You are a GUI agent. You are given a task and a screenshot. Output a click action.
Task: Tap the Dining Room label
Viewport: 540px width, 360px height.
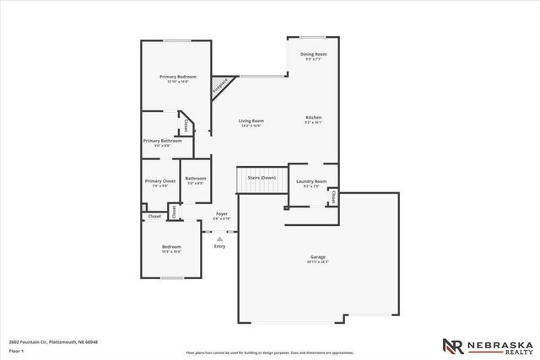tap(314, 54)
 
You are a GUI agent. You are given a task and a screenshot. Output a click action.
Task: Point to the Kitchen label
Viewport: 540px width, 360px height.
tap(313, 117)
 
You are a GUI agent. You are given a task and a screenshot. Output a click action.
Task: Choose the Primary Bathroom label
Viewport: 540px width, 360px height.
tap(162, 141)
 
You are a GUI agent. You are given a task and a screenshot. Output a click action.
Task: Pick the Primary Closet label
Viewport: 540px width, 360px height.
tap(159, 181)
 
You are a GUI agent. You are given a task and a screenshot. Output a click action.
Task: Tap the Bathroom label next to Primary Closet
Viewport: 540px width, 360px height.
tap(196, 178)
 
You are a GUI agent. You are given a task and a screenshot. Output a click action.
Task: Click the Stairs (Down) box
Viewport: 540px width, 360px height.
tap(262, 178)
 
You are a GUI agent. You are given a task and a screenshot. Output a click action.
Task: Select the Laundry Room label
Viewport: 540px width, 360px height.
tap(310, 181)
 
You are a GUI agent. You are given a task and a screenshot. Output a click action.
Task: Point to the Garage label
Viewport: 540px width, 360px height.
tap(317, 257)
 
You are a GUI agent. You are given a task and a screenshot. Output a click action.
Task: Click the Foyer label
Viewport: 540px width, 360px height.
tap(221, 214)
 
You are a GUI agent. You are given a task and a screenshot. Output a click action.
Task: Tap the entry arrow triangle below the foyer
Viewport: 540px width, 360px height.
tap(220, 239)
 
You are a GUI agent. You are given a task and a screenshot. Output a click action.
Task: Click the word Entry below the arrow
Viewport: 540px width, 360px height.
tap(219, 246)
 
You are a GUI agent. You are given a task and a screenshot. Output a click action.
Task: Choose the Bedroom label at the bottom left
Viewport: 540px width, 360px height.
tap(171, 247)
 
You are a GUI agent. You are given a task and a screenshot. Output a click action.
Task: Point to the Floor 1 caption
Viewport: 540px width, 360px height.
tap(16, 350)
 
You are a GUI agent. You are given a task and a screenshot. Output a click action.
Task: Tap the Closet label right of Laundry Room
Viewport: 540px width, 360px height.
tap(333, 196)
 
